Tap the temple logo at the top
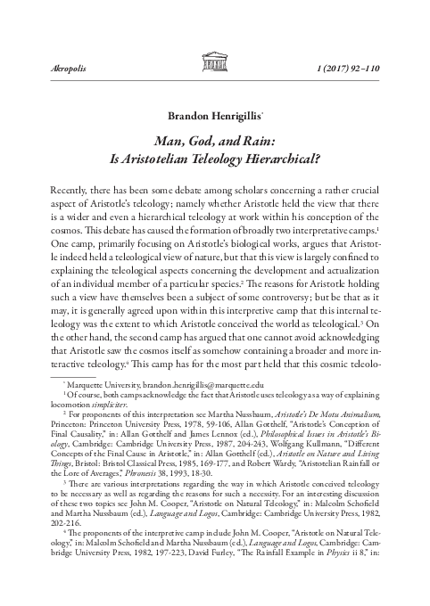pos(214,61)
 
